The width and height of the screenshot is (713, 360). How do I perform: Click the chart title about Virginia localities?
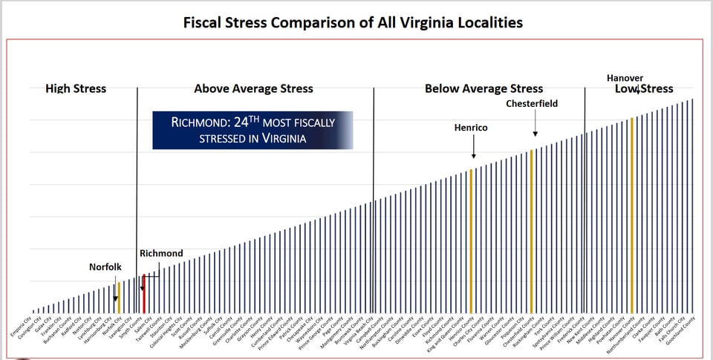(x=353, y=22)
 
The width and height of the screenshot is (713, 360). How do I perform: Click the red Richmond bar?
(x=144, y=293)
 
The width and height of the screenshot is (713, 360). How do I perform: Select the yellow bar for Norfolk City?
(x=119, y=297)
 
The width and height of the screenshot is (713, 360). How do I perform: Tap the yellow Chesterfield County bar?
(x=531, y=230)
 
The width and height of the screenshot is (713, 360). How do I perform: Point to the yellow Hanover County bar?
(x=632, y=215)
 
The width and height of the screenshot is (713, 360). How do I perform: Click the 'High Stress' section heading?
(x=76, y=88)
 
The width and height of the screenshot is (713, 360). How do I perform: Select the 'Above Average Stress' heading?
(x=253, y=88)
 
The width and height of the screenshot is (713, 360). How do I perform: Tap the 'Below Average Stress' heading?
(x=484, y=88)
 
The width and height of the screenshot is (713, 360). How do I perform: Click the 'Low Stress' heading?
(x=644, y=89)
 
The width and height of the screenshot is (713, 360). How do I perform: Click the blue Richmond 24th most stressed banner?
(x=253, y=130)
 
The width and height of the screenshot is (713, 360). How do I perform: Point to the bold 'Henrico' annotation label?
(x=471, y=128)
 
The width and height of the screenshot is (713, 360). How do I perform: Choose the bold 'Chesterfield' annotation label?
(x=532, y=103)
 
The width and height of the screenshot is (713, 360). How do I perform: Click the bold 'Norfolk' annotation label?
(x=105, y=266)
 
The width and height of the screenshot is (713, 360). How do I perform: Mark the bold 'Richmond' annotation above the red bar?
(x=160, y=253)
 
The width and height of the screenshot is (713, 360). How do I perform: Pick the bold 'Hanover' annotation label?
(x=625, y=78)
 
